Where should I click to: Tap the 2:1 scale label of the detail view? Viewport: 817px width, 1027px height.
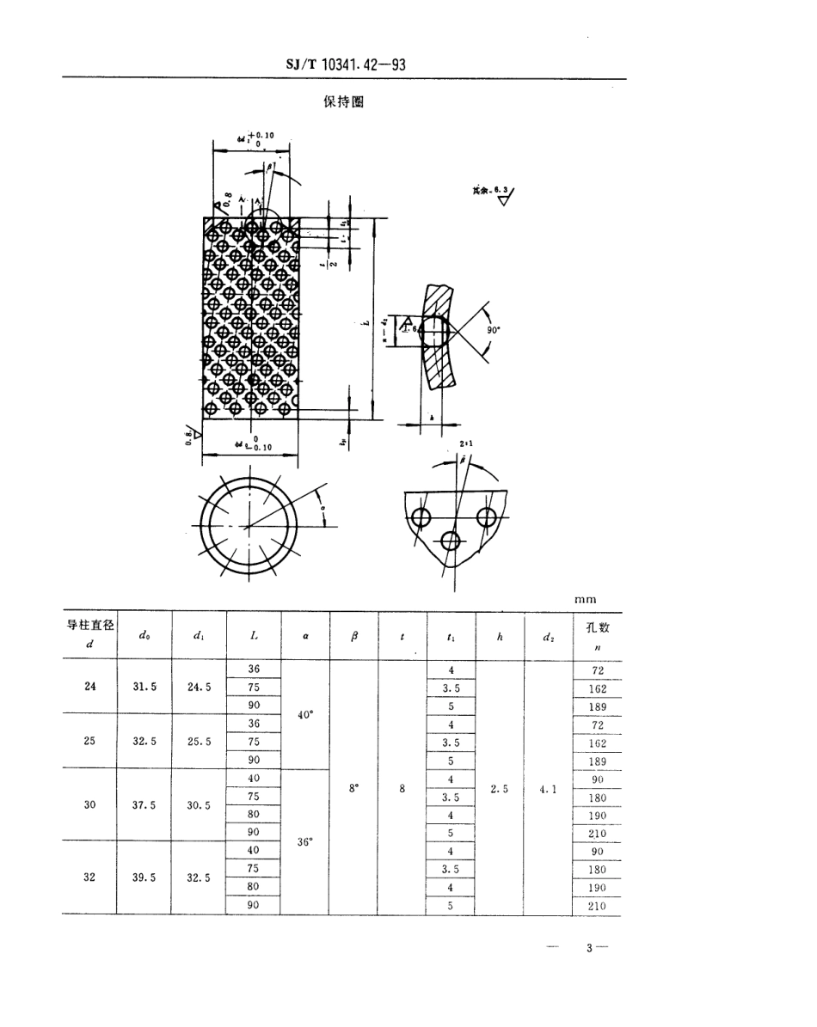click(x=467, y=443)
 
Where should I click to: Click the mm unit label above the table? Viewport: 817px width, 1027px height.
click(x=586, y=599)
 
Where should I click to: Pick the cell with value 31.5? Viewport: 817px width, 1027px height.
click(x=144, y=687)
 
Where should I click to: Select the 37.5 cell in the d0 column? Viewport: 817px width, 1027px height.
click(x=144, y=805)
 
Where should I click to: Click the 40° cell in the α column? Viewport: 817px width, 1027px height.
click(x=304, y=714)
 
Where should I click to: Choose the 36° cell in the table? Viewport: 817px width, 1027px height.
click(x=304, y=841)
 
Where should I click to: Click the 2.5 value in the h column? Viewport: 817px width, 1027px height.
click(x=500, y=787)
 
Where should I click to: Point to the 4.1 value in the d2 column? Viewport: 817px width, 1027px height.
click(x=548, y=787)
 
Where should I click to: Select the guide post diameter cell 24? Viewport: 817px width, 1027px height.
click(x=89, y=687)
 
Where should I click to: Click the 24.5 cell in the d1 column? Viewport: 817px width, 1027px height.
click(x=199, y=687)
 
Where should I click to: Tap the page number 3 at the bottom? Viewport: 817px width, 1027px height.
click(x=590, y=948)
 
